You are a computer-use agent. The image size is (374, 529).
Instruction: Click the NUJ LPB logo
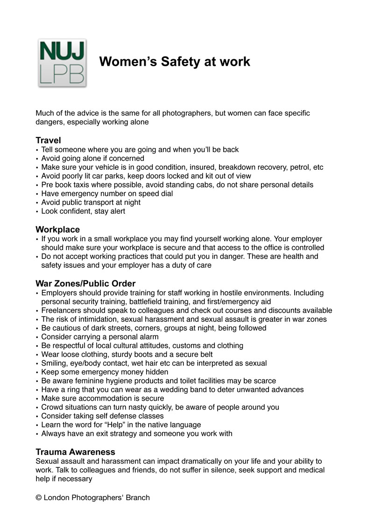point(62,63)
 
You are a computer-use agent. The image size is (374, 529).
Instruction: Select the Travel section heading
point(48,140)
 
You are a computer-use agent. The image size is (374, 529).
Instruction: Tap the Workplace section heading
point(57,229)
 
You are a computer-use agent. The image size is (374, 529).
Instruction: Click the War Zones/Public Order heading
point(85,283)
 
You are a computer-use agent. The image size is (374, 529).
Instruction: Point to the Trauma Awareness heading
point(75,452)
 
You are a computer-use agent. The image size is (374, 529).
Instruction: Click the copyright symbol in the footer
point(38,498)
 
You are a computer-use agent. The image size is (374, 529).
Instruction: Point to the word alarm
point(148,337)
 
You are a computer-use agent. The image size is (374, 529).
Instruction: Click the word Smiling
point(55,363)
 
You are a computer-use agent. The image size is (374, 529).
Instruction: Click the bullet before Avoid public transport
point(37,202)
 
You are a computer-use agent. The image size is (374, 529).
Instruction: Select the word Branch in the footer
point(138,498)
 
